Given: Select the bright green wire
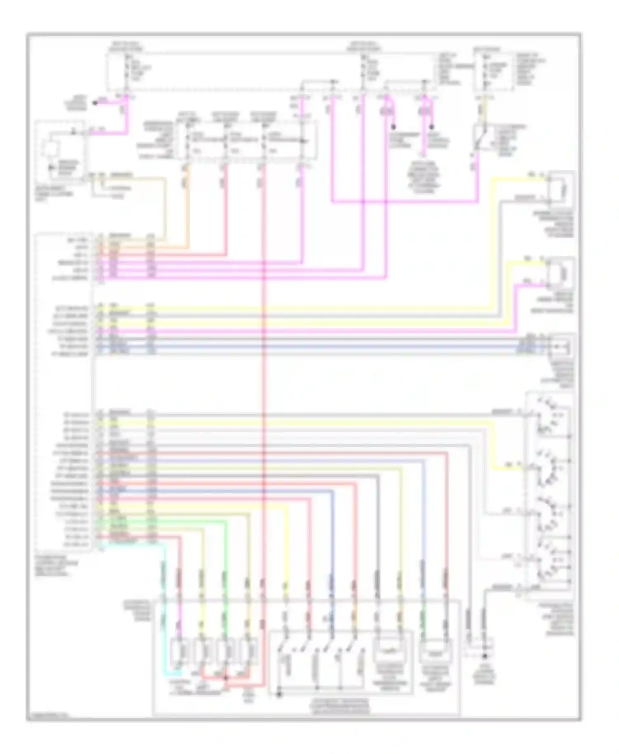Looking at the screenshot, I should pos(225,577).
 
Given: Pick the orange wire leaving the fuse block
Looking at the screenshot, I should pos(188,206).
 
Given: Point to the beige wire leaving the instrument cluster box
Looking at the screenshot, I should pos(165,206).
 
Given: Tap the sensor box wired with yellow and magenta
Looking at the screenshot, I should pos(560,272).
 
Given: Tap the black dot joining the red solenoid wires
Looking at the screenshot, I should pos(225,678).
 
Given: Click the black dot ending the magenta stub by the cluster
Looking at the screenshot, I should pos(95,102).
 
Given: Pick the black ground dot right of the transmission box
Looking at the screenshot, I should pos(485,655).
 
